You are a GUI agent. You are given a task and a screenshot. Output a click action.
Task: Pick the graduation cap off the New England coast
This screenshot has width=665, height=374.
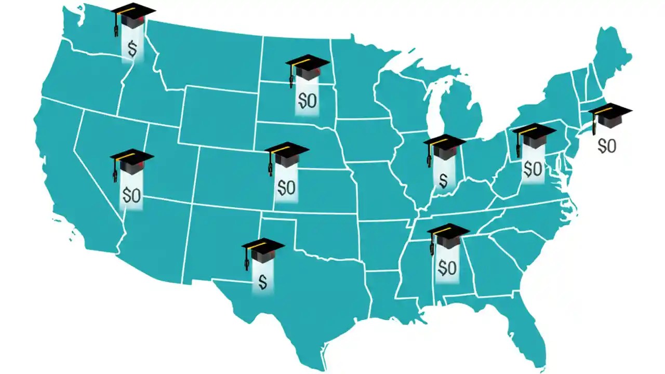pos(609,116)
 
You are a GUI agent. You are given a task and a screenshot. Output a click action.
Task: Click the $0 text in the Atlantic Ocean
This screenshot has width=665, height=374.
pos(607,146)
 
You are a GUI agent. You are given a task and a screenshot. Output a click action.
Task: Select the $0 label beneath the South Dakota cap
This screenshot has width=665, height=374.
pos(308,101)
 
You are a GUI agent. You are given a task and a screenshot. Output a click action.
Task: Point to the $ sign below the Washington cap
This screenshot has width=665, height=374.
pos(132,50)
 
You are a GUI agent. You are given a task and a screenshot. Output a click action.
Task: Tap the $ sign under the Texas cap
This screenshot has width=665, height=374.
pos(263,282)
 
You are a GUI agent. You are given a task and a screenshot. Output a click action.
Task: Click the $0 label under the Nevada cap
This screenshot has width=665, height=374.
pos(131,195)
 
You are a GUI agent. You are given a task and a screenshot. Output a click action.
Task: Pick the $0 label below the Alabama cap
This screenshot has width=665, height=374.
pos(447,268)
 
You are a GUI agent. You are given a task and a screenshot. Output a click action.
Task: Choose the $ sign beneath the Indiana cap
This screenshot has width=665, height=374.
pos(443,180)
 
